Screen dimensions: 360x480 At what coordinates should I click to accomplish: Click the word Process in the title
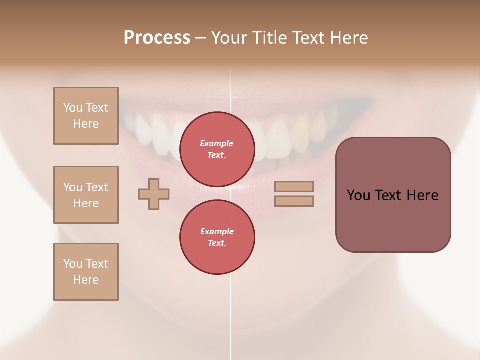[157, 38]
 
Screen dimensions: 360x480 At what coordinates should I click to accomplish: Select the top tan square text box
[86, 116]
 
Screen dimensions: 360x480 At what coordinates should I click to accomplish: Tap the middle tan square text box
[86, 195]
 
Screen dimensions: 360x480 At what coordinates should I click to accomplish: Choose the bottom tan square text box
[86, 272]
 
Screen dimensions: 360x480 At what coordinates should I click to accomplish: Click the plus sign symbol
[154, 194]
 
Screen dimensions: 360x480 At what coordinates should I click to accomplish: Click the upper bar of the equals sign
[294, 186]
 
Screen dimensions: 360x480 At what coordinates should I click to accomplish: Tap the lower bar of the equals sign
[294, 201]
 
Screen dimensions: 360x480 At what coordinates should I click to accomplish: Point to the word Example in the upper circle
[217, 143]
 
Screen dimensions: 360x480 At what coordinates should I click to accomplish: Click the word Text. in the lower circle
[217, 243]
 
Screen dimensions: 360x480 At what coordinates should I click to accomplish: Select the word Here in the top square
[86, 124]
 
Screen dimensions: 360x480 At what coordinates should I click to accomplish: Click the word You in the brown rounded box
[358, 195]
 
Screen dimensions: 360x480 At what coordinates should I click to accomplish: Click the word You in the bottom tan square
[73, 264]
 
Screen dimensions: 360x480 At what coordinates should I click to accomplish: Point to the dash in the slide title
[200, 38]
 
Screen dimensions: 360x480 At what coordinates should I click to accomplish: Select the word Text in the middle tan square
[97, 187]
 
